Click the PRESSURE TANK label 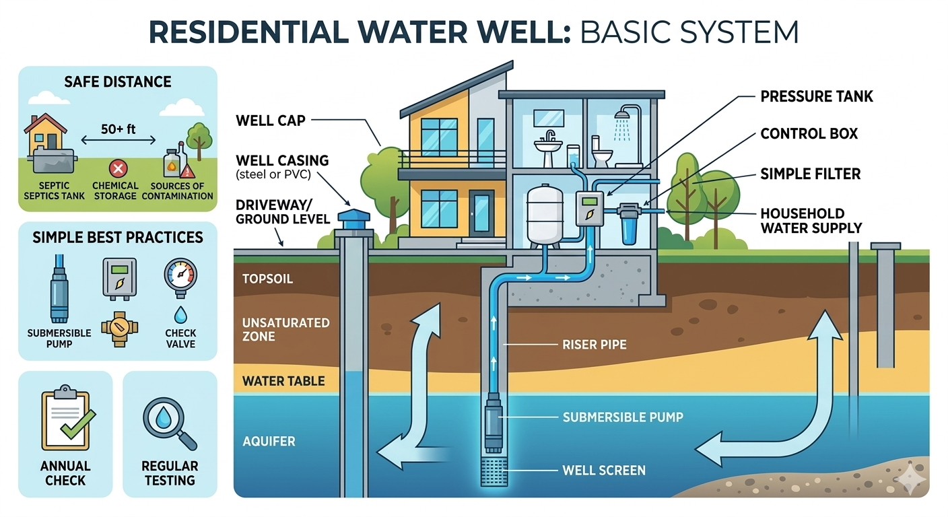[816, 96]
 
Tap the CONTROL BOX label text [809, 133]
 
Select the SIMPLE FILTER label [810, 174]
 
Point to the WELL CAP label [271, 121]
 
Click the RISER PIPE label [594, 345]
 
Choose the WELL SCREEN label [603, 470]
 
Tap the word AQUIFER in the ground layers [269, 442]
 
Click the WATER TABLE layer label [283, 381]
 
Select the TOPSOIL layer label [267, 278]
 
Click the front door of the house [481, 213]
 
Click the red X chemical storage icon [118, 168]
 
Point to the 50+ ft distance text [118, 128]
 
